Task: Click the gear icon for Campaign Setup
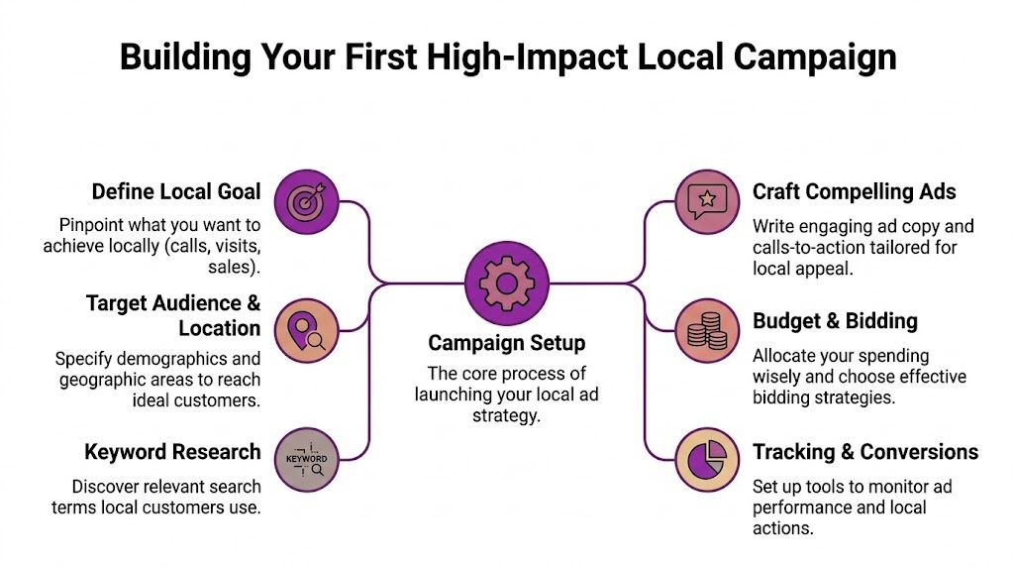[x=506, y=283]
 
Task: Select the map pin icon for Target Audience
[x=304, y=330]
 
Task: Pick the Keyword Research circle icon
[x=304, y=460]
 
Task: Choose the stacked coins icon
[x=707, y=330]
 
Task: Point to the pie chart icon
[x=707, y=459]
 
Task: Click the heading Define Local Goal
[x=176, y=191]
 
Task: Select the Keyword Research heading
[x=172, y=452]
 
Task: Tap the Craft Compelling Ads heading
[x=854, y=191]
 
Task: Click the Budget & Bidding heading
[x=835, y=321]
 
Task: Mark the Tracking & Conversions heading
[x=864, y=452]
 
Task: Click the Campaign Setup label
[x=506, y=343]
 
